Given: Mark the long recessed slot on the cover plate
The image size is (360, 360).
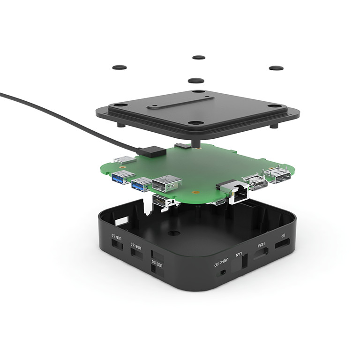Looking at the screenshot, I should tap(180, 102).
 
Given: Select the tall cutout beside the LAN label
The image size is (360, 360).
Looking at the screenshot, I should tap(245, 262).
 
